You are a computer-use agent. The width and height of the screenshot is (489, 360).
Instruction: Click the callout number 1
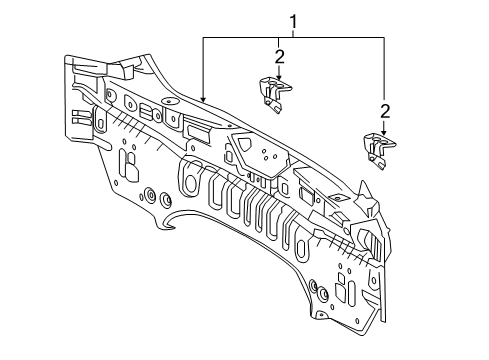point(293,22)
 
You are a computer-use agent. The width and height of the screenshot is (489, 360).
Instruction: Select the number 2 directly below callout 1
point(280,57)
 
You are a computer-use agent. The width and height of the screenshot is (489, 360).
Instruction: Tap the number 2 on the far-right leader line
point(385,112)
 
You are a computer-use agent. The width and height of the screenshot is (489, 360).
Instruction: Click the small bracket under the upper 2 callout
point(274,94)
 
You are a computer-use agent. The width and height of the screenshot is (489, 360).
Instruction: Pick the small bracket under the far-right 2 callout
point(379,151)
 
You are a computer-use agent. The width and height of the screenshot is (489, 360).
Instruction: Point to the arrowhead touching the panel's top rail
point(203,99)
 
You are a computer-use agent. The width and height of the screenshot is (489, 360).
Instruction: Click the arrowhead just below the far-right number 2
point(385,132)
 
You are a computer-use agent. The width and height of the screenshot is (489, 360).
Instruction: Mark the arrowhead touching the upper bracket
point(279,77)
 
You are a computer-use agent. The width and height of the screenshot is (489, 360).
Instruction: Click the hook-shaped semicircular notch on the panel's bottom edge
point(168,221)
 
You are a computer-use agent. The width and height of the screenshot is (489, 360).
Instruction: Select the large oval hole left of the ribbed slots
point(191,183)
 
